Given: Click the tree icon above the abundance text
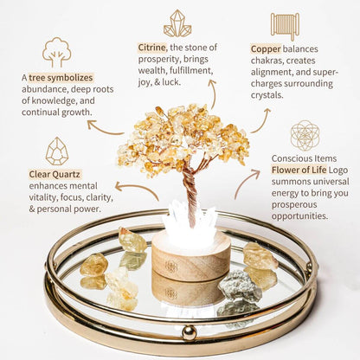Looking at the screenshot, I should tap(57, 52).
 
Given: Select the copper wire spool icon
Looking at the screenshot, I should tap(284, 26).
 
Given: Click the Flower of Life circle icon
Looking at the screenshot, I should tap(305, 136).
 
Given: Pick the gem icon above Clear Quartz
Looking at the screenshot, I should tap(57, 151).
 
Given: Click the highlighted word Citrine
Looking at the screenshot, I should tap(153, 48).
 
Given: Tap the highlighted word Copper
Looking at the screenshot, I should tap(267, 49).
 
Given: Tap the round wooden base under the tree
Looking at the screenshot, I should tap(190, 256).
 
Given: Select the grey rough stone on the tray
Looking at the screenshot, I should tap(240, 286).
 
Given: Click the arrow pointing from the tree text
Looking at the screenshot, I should tap(105, 130).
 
